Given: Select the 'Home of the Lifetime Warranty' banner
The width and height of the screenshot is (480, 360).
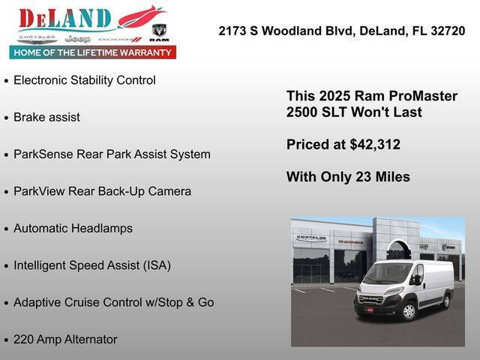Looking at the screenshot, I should (x=92, y=52).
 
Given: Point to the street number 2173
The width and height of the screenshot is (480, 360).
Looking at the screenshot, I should (x=232, y=31).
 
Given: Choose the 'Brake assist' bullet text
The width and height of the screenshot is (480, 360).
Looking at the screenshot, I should (x=46, y=117).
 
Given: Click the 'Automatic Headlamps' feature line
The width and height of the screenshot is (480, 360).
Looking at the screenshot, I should (x=73, y=228).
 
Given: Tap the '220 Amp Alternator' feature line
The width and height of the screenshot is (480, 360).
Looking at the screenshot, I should (x=65, y=339).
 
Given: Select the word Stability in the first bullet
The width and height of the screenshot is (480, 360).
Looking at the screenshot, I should (x=94, y=79).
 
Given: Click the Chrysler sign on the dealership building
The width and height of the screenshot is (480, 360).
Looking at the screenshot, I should (x=310, y=238).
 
